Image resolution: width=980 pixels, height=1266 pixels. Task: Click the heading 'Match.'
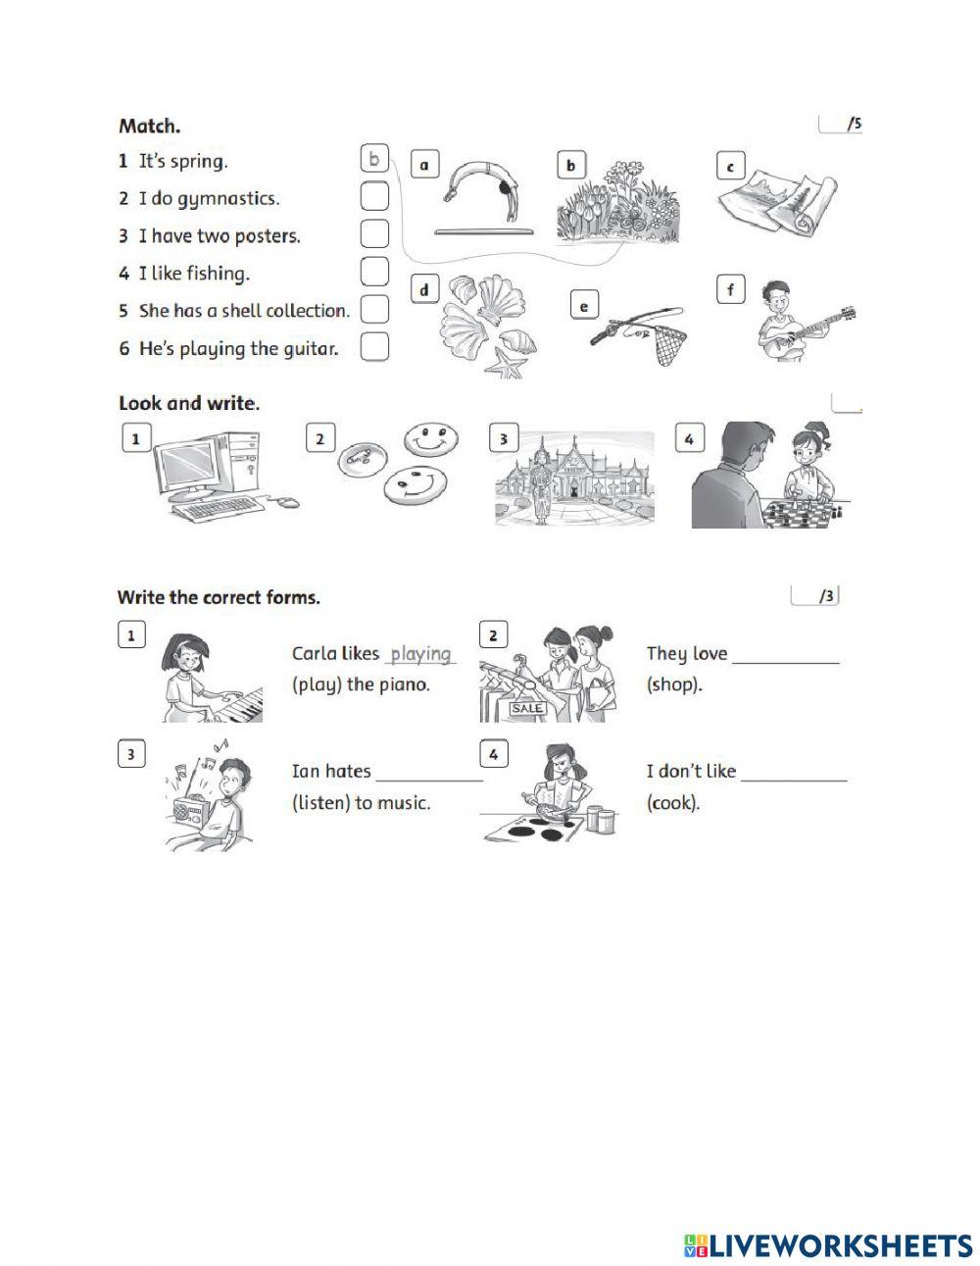tap(149, 126)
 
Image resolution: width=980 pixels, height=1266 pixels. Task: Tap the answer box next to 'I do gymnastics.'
tap(374, 197)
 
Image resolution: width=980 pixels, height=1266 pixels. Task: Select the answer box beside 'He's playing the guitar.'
tap(374, 347)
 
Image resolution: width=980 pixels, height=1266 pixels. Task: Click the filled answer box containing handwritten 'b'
tap(374, 159)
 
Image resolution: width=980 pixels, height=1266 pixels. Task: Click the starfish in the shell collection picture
tap(507, 368)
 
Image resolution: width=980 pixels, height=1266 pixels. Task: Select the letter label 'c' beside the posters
tap(730, 167)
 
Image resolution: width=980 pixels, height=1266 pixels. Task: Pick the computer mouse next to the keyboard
tap(286, 502)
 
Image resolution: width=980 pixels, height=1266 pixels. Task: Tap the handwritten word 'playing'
tap(420, 653)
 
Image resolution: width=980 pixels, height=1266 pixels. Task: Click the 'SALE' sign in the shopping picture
tap(527, 708)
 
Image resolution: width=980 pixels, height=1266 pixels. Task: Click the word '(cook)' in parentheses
tap(673, 803)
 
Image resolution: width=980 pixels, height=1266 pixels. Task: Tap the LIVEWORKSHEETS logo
tap(828, 1245)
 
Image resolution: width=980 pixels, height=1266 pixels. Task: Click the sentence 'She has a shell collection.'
tap(244, 311)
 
